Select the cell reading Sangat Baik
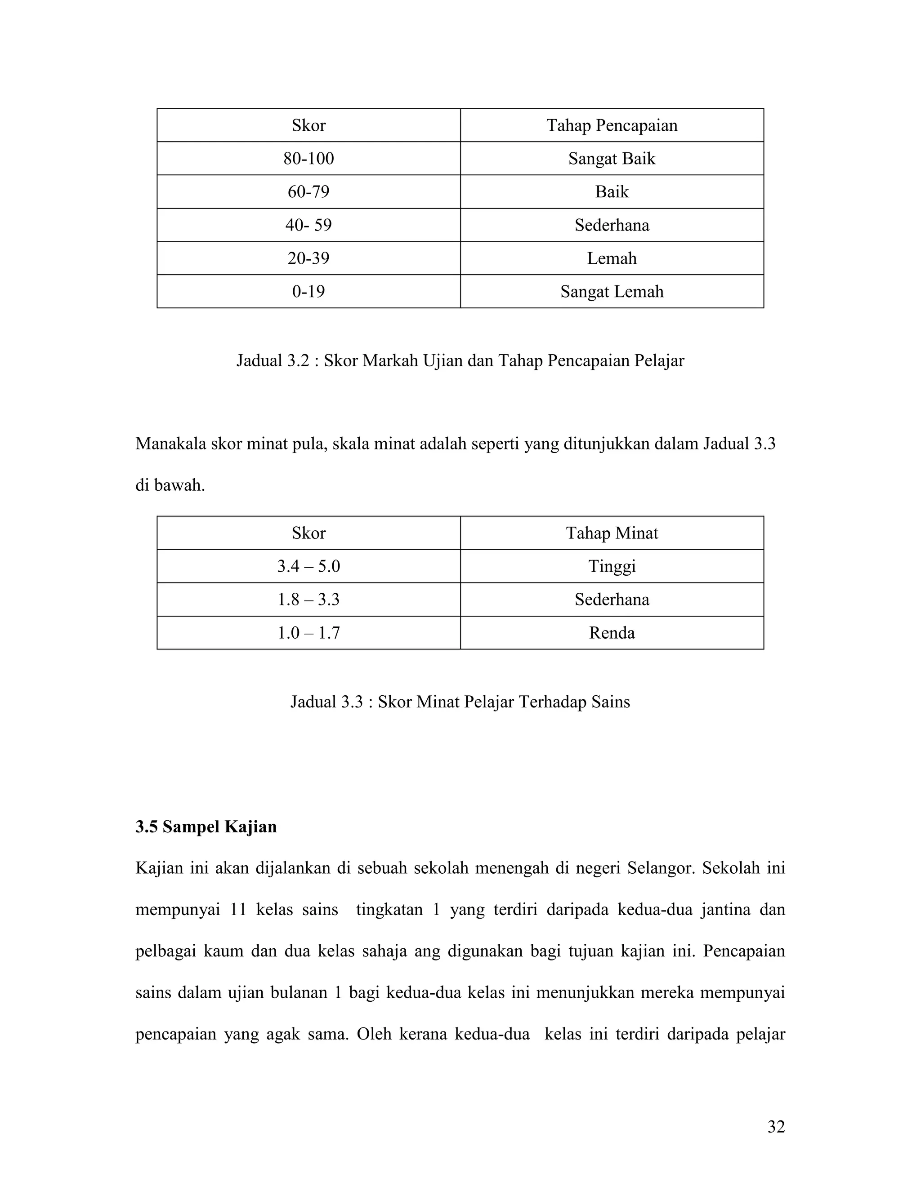(x=612, y=159)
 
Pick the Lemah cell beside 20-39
(x=612, y=258)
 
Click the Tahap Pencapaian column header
(x=612, y=125)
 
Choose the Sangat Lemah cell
(x=612, y=291)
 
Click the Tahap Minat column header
(x=612, y=533)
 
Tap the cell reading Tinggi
(x=612, y=566)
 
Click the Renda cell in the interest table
(x=612, y=633)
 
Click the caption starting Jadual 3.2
(x=460, y=361)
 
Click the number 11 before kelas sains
(x=238, y=910)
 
